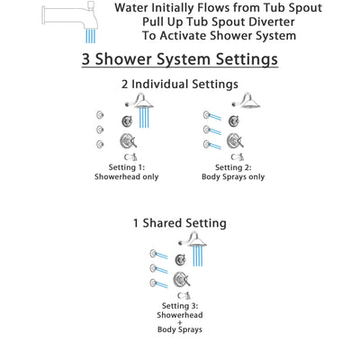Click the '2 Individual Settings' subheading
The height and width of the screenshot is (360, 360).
coord(180,85)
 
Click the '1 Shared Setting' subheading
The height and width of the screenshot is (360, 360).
coord(181,222)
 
